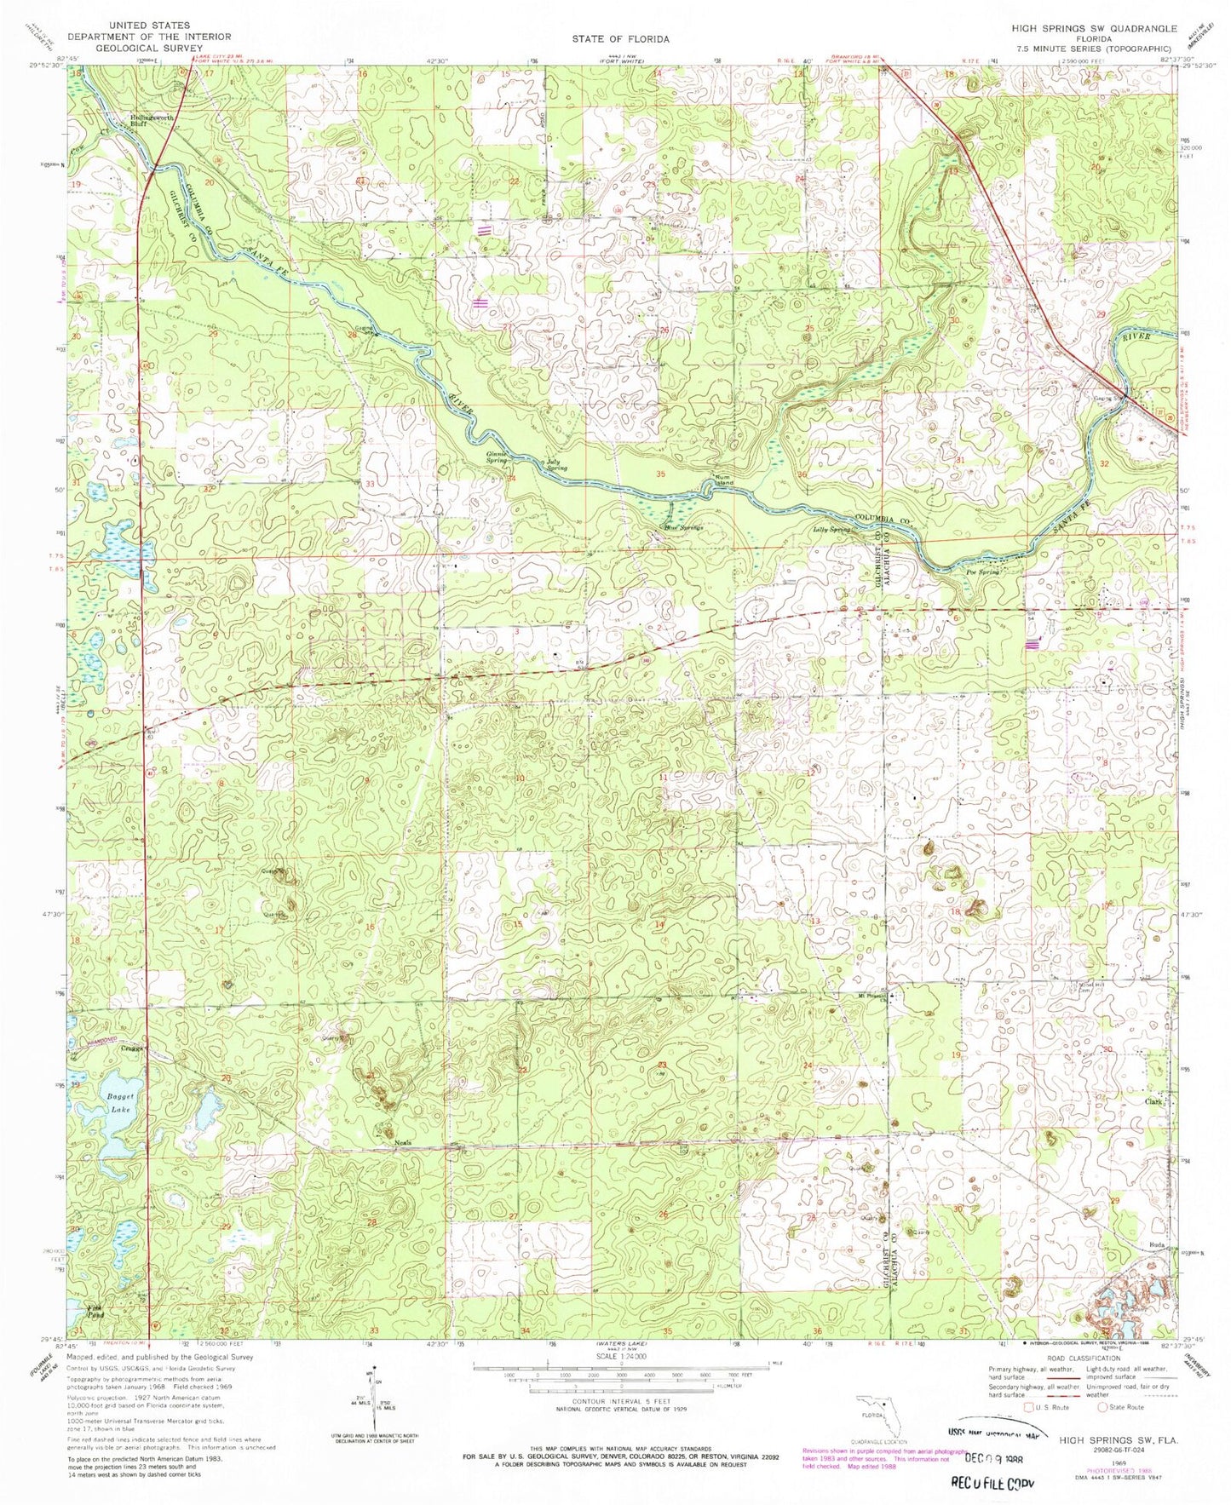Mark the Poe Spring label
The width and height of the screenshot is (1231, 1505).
click(981, 572)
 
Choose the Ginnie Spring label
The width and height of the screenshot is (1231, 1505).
click(498, 457)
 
